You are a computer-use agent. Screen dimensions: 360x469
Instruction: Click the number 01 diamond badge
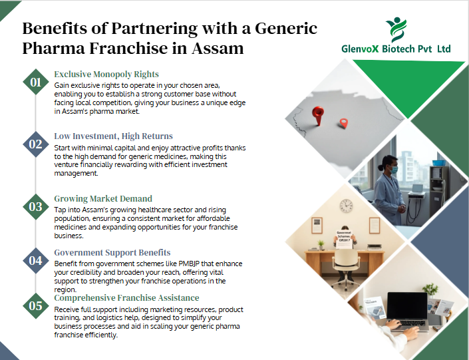point(35,83)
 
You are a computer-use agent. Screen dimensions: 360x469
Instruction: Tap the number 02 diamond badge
point(35,144)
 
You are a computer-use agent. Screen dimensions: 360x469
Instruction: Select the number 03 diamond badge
point(35,206)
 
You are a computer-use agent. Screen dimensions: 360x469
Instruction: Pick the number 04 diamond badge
point(35,261)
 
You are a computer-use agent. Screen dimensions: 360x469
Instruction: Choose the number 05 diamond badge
point(35,305)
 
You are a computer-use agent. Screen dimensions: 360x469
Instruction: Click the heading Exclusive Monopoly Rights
point(106,74)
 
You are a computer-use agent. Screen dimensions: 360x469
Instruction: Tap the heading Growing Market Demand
point(103,198)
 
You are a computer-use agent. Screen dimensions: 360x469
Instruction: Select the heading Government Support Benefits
point(112,253)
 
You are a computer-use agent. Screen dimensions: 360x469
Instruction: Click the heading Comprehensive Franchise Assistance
point(126,297)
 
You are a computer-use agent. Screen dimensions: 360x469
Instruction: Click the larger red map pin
point(318,114)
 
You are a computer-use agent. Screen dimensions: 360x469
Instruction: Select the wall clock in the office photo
point(346,206)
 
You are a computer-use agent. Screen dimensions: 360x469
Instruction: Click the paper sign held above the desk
point(344,236)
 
